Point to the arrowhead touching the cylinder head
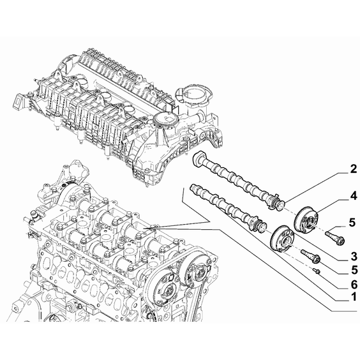tap(149, 229)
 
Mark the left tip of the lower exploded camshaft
tap(191, 188)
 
